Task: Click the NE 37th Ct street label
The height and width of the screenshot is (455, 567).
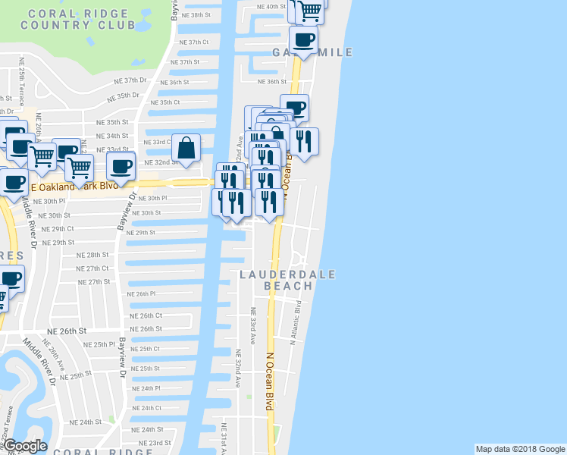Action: click(x=184, y=42)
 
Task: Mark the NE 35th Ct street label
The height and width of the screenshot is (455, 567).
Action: click(x=165, y=102)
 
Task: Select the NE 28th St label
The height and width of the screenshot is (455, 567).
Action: click(x=93, y=255)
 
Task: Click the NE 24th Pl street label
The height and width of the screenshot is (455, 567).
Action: click(x=145, y=388)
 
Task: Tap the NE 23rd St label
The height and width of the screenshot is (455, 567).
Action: click(x=154, y=443)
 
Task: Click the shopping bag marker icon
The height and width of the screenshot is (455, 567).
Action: click(x=186, y=147)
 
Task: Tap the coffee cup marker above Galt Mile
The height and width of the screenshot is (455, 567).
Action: click(x=303, y=39)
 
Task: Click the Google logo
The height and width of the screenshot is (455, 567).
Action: click(x=26, y=446)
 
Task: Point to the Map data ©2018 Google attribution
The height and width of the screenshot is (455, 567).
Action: click(x=519, y=449)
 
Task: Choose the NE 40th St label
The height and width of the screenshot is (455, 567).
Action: click(x=271, y=6)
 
